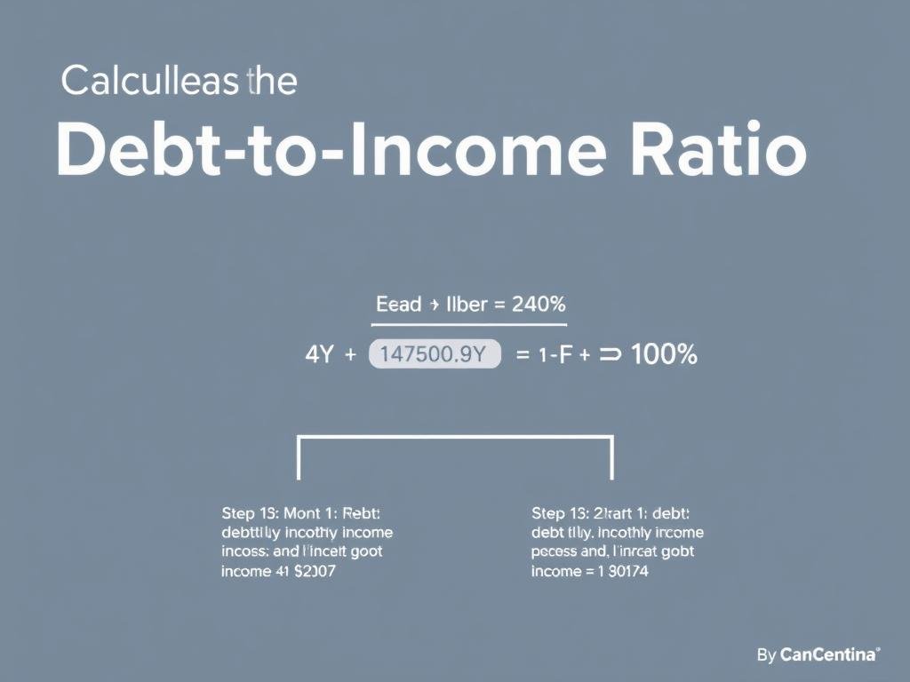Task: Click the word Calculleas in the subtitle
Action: click(152, 82)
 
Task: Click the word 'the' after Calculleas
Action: click(274, 82)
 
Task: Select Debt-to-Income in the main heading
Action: click(331, 150)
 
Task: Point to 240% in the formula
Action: click(539, 305)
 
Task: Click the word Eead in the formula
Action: click(398, 305)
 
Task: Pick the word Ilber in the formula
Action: click(464, 305)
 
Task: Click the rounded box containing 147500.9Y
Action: click(435, 354)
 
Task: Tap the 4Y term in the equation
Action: click(318, 354)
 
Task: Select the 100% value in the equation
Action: click(664, 354)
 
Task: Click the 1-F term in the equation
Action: click(555, 354)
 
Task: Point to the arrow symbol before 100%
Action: click(610, 354)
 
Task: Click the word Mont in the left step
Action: click(301, 513)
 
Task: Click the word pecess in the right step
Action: click(554, 552)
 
